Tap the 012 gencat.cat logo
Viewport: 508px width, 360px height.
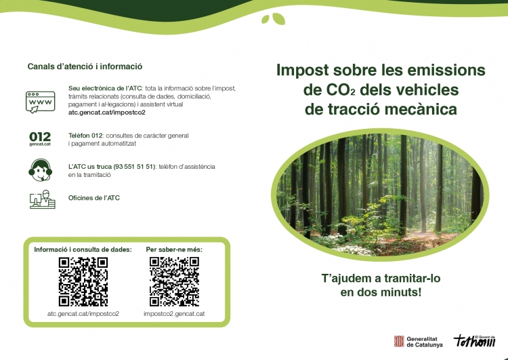40,139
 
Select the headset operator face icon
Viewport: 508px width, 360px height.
40,170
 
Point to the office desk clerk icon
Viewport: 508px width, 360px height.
42,199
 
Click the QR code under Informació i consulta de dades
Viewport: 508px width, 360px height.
83,281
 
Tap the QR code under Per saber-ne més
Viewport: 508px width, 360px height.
174,281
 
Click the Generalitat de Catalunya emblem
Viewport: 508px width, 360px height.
399,341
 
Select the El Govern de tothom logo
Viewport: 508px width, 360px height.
475,340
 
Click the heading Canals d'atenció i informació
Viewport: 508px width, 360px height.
85,66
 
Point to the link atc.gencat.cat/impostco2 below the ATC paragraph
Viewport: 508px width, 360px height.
107,113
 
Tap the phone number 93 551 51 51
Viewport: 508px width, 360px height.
134,167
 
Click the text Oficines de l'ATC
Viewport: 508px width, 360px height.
94,198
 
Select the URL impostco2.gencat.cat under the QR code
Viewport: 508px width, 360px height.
174,314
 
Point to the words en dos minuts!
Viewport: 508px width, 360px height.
381,292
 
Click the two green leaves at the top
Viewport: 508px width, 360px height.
274,19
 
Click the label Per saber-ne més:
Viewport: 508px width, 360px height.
174,249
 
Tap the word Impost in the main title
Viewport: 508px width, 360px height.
302,70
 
